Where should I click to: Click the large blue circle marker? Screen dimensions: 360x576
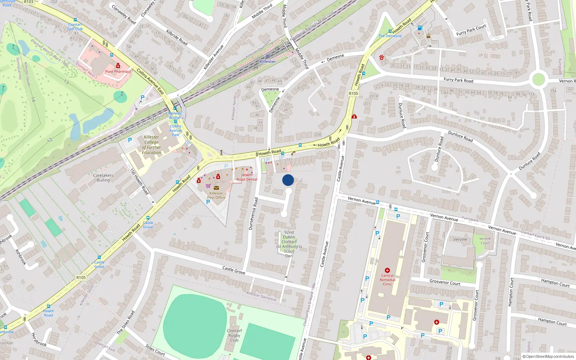click(288, 180)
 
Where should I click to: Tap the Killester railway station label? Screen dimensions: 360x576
click(268, 62)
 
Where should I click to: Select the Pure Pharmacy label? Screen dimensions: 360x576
click(118, 71)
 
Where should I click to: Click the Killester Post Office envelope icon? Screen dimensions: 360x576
click(216, 188)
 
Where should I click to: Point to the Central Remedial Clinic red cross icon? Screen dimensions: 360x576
click(387, 270)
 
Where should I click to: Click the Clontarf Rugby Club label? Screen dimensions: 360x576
click(234, 335)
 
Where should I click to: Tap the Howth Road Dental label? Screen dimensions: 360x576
click(247, 177)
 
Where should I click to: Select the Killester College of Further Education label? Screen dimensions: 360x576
click(152, 145)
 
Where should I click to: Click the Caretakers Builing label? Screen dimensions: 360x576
click(103, 177)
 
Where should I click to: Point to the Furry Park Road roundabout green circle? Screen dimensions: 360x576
click(538, 79)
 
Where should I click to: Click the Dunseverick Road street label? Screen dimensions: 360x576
click(253, 213)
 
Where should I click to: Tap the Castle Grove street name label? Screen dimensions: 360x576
click(234, 270)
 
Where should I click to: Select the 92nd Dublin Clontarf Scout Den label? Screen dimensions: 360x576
click(289, 244)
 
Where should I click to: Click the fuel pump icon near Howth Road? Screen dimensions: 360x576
click(419, 28)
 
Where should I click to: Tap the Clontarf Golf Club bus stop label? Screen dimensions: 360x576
click(75, 27)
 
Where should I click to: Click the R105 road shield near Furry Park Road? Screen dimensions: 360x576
click(354, 93)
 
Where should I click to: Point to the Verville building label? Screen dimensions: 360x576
click(460, 239)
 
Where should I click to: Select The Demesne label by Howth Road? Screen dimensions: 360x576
click(390, 36)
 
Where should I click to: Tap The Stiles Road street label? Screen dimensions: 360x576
click(125, 322)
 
